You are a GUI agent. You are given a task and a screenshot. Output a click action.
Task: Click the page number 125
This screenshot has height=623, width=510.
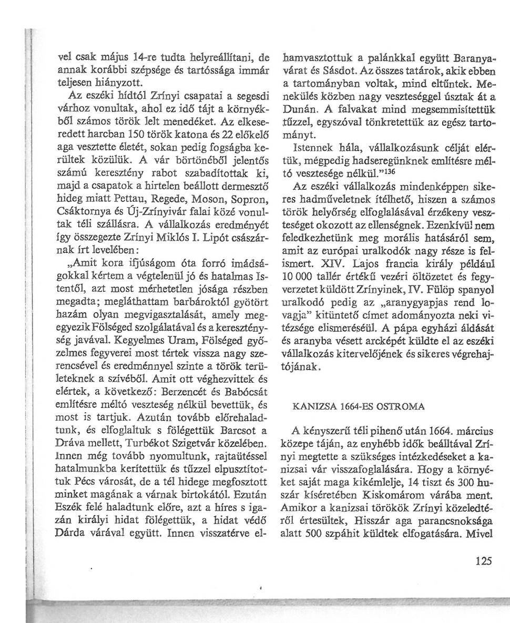pos(483,560)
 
